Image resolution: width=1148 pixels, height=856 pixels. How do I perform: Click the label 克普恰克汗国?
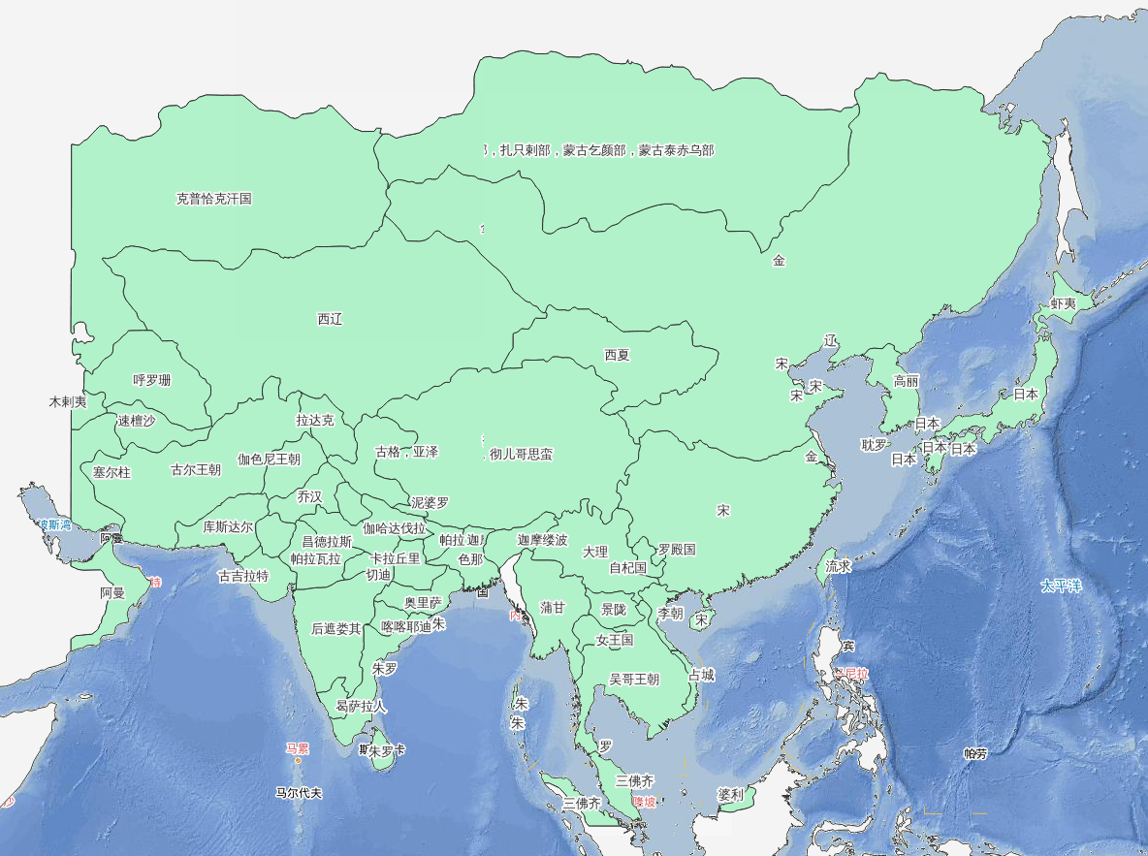coord(213,199)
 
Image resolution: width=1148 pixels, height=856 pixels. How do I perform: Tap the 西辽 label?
coord(330,319)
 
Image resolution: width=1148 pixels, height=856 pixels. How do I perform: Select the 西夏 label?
coord(617,355)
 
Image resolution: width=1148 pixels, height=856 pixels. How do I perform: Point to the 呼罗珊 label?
coord(152,380)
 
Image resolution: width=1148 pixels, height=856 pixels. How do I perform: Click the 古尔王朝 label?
coord(196,470)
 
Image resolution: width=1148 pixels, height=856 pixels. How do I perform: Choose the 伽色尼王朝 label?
coord(269,460)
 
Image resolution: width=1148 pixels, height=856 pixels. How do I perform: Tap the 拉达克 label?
coord(315,421)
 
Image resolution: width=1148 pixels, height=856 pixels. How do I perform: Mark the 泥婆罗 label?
coord(430,502)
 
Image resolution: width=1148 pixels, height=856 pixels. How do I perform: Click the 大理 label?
coord(594,552)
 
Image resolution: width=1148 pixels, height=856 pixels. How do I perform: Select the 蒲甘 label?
coord(553,608)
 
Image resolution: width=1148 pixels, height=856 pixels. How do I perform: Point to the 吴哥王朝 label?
coord(634,680)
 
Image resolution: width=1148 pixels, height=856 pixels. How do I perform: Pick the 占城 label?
coord(701,675)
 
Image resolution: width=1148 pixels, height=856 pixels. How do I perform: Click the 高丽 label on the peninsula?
coord(906,381)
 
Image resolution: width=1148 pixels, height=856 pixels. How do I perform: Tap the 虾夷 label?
coord(1064,304)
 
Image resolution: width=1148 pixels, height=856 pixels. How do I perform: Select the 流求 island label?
coord(838,566)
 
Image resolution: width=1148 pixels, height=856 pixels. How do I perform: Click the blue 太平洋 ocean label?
coord(1060,586)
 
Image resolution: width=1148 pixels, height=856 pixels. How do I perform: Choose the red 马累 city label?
coord(297,748)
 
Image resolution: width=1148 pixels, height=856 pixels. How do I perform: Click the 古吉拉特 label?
coord(243,576)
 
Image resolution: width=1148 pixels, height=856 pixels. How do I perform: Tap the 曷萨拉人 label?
coord(361,707)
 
